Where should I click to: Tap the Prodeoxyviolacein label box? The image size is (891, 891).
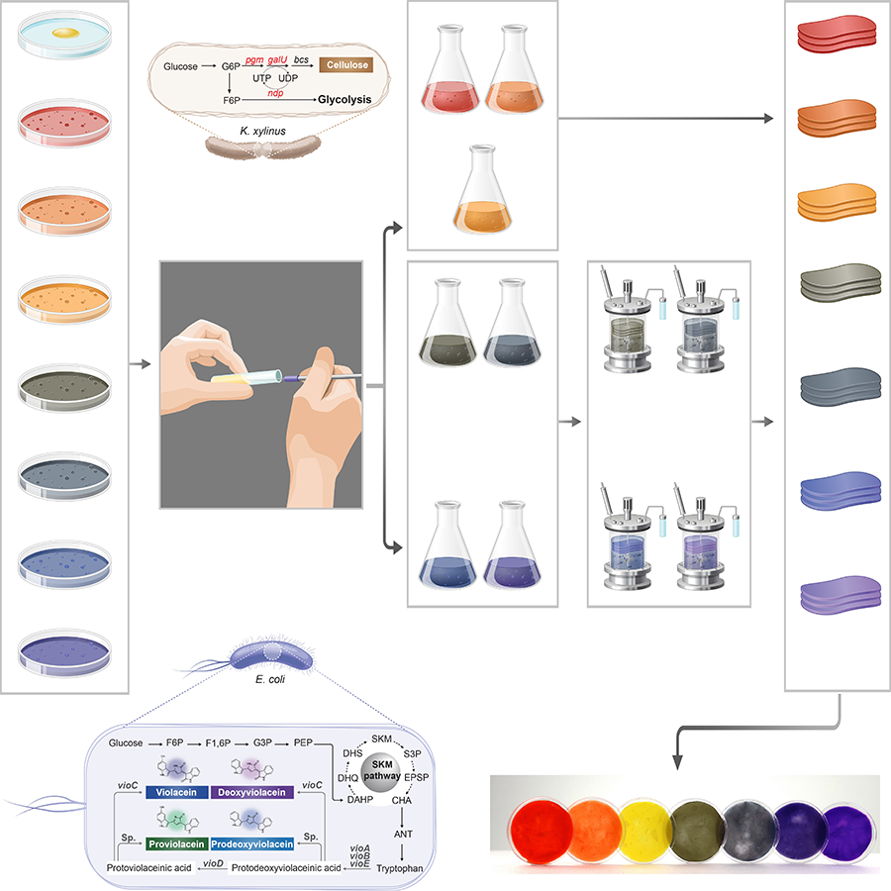tap(251, 844)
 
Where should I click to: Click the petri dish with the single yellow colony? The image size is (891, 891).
tap(64, 41)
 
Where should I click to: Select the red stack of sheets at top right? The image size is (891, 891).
tap(830, 36)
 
